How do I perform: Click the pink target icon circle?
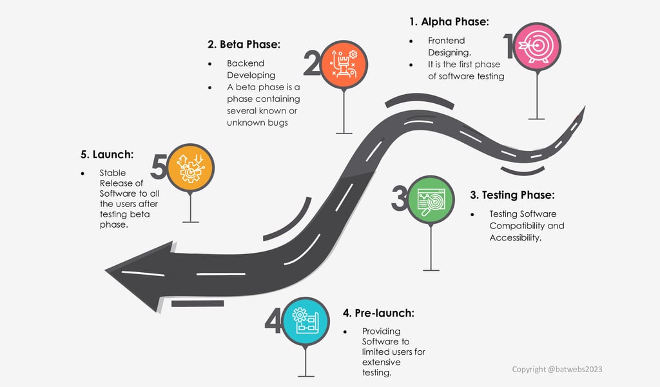click(x=537, y=46)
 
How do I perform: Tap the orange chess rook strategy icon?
click(x=344, y=65)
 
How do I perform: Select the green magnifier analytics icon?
click(x=431, y=199)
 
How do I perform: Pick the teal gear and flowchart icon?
click(x=306, y=321)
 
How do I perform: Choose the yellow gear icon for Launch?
click(x=190, y=168)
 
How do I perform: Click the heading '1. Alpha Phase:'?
click(x=449, y=22)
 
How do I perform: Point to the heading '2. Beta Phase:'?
click(x=244, y=45)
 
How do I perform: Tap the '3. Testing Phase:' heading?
click(x=512, y=195)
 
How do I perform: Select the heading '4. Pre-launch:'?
click(x=378, y=313)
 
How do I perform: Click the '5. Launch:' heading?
click(x=107, y=155)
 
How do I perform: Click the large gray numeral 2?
click(x=312, y=63)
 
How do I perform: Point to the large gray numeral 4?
click(x=273, y=321)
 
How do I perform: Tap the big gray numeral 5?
click(x=159, y=166)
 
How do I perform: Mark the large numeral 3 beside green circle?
click(x=400, y=198)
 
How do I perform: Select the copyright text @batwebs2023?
click(x=557, y=370)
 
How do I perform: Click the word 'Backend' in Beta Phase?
click(x=246, y=63)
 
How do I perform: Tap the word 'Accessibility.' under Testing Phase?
click(x=515, y=237)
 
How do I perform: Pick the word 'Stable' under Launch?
click(x=112, y=173)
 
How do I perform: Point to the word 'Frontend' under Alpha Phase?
click(x=447, y=41)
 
